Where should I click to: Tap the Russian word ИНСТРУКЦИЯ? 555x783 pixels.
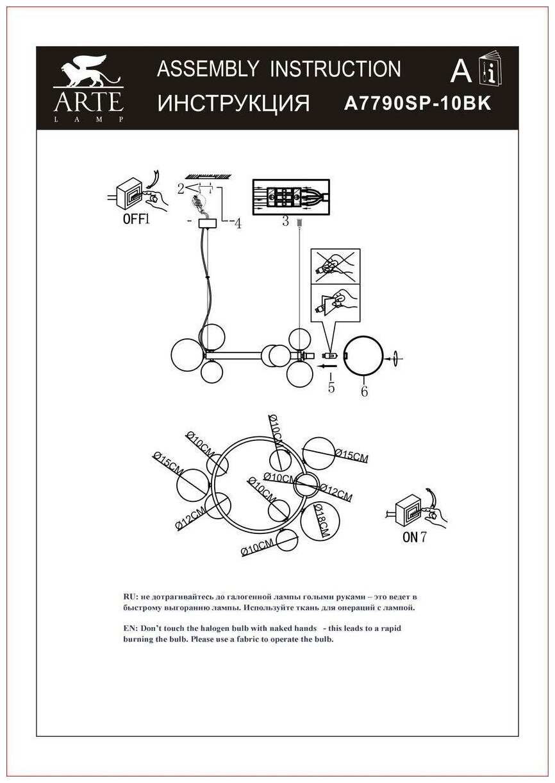point(234,103)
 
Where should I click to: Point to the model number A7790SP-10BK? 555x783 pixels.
point(418,103)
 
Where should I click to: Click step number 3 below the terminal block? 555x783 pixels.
point(286,222)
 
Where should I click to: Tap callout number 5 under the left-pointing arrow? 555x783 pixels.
point(331,387)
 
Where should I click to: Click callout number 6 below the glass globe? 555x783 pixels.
point(364,391)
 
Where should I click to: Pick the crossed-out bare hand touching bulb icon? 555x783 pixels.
point(335,266)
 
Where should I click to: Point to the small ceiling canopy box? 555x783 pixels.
point(207,224)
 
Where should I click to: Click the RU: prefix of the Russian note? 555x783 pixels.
point(130,596)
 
